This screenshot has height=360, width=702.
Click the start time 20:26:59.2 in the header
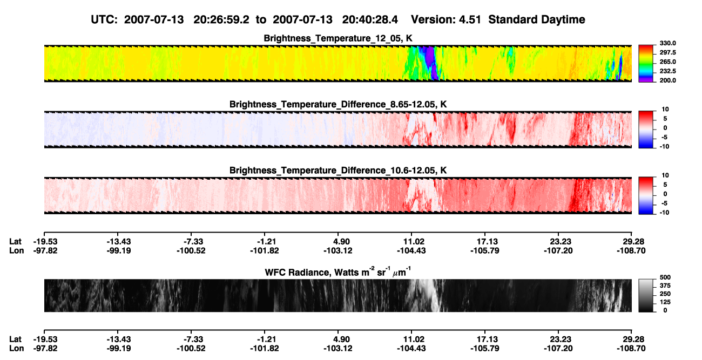221,20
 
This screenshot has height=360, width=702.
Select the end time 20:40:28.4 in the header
370,20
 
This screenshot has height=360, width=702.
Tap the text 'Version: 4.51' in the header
446,20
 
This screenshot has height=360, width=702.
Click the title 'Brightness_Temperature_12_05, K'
338,38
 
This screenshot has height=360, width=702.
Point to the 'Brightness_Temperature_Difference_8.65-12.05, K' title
338,104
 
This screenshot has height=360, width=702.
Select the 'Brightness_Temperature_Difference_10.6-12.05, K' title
338,171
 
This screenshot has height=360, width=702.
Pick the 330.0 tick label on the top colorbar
667,43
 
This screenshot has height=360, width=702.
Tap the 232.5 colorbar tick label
667,71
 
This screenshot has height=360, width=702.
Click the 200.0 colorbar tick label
667,80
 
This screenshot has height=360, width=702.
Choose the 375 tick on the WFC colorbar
665,286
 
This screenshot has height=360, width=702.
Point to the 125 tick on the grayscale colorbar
665,302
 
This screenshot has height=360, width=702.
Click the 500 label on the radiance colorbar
665,277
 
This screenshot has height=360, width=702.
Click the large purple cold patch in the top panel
430,56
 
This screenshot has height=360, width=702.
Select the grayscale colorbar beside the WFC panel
646,295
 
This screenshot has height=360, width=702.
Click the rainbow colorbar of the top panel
646,64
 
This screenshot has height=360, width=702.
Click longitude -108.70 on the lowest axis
631,349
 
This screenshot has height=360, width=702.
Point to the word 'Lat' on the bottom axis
15,339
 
